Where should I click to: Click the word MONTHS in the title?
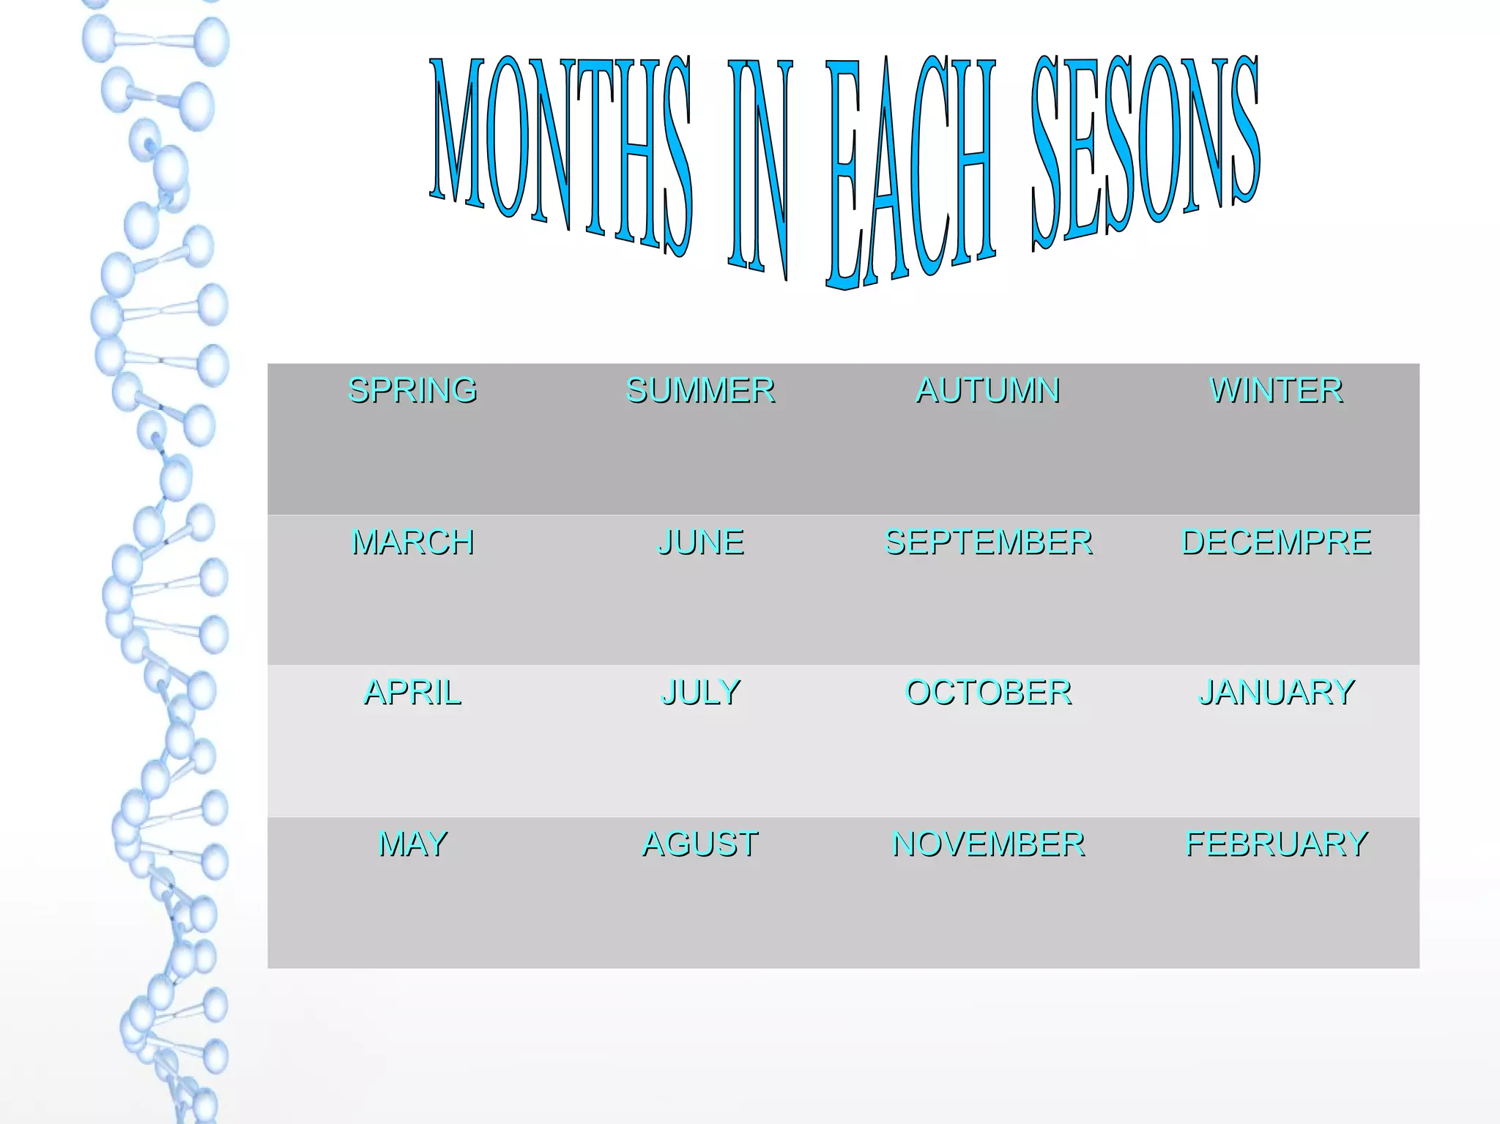(x=560, y=150)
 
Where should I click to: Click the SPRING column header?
(x=412, y=390)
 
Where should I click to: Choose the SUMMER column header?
(x=700, y=390)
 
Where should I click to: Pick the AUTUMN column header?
(x=988, y=390)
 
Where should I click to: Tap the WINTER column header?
(x=1276, y=390)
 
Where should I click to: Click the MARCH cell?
(x=412, y=543)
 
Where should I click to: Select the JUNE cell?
(x=700, y=543)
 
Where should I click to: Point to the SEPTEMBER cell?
(x=988, y=543)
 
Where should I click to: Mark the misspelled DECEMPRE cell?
(x=1276, y=543)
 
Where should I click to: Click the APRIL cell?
(x=412, y=693)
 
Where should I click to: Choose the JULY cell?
(x=700, y=693)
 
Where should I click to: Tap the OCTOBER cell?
(x=988, y=693)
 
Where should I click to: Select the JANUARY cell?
(x=1276, y=693)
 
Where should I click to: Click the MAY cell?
(x=412, y=844)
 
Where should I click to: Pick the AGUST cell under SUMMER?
(x=700, y=844)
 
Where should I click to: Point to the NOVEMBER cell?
(x=988, y=844)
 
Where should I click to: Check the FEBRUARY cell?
(x=1276, y=844)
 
